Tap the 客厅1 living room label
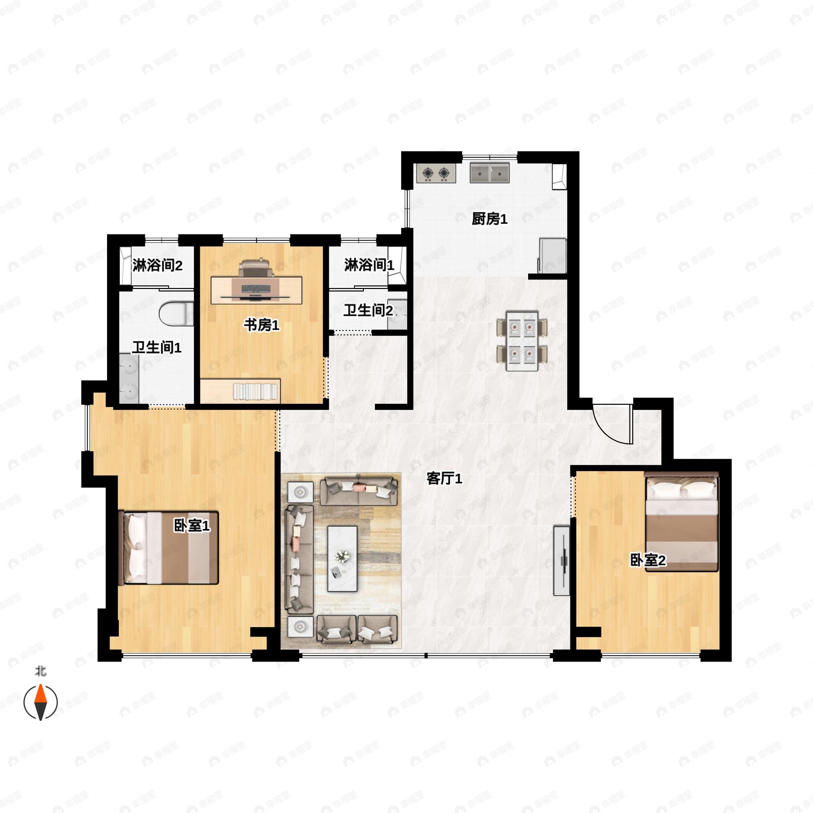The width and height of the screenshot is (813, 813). [444, 478]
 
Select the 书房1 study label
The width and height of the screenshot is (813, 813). [261, 325]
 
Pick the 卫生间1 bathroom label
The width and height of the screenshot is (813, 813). [157, 348]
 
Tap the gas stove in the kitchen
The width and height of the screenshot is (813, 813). [436, 173]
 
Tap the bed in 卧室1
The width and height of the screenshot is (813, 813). [170, 547]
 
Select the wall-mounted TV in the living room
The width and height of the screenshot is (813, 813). [562, 560]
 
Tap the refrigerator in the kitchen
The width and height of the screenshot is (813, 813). [553, 255]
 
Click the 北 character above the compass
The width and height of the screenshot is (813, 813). [40, 671]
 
